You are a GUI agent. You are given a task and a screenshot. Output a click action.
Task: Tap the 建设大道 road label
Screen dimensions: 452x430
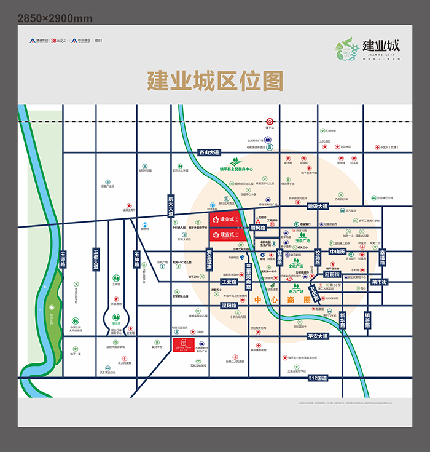(x=319, y=206)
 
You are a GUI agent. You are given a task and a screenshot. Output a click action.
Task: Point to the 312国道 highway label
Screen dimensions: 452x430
(x=319, y=376)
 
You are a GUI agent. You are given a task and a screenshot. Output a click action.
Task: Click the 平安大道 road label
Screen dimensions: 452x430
(x=319, y=336)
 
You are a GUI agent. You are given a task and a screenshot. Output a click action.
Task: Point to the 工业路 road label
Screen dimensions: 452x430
(x=229, y=282)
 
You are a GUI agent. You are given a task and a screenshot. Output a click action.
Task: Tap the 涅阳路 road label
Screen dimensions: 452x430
(x=228, y=305)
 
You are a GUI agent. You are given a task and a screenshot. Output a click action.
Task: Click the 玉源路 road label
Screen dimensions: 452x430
(x=63, y=257)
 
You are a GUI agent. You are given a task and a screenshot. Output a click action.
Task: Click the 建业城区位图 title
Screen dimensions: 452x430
(x=214, y=80)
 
